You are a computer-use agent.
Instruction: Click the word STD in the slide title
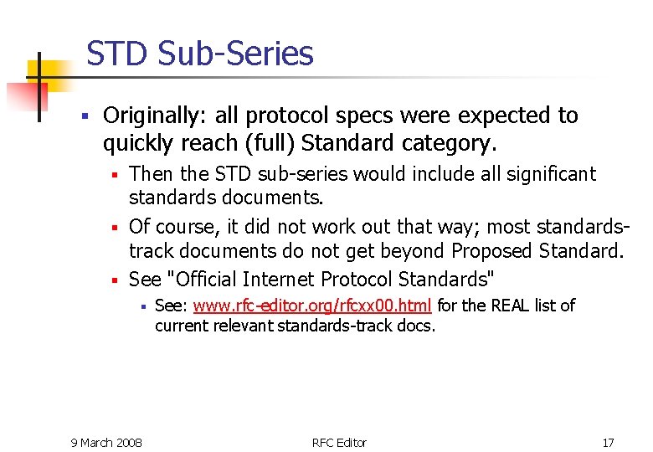click(x=116, y=54)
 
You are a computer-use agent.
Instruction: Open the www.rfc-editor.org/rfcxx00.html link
click(x=312, y=306)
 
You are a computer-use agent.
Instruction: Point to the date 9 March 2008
click(x=106, y=442)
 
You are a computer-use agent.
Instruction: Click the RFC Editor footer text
click(x=339, y=442)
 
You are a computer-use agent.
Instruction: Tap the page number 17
click(x=608, y=442)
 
